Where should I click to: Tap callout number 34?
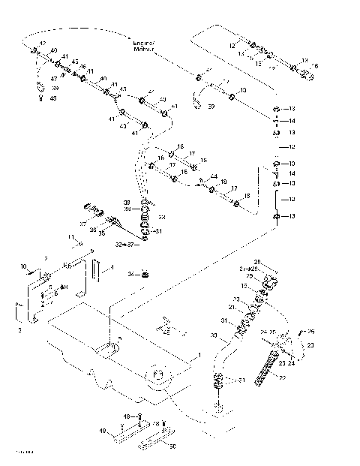(130, 274)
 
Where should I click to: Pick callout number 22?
(282, 379)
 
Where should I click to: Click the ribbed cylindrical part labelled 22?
(266, 368)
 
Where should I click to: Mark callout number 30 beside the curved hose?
(214, 335)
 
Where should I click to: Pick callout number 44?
(214, 177)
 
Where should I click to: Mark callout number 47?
(53, 78)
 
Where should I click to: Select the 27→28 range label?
(247, 268)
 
